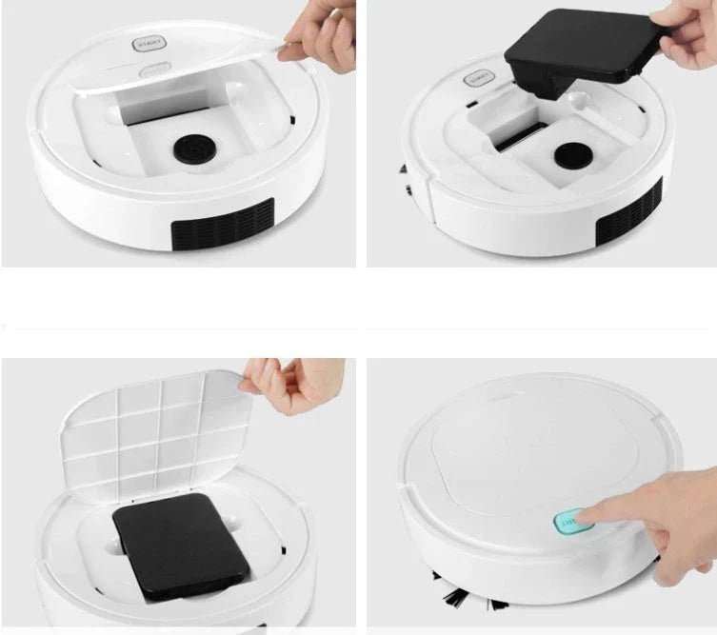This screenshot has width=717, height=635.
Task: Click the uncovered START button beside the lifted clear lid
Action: point(149,44)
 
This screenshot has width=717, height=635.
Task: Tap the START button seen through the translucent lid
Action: point(153,69)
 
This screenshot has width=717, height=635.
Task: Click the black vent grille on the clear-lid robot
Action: point(222,226)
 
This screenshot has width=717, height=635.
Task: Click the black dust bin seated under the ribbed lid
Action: point(181,544)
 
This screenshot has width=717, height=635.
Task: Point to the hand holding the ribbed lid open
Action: point(295,386)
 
